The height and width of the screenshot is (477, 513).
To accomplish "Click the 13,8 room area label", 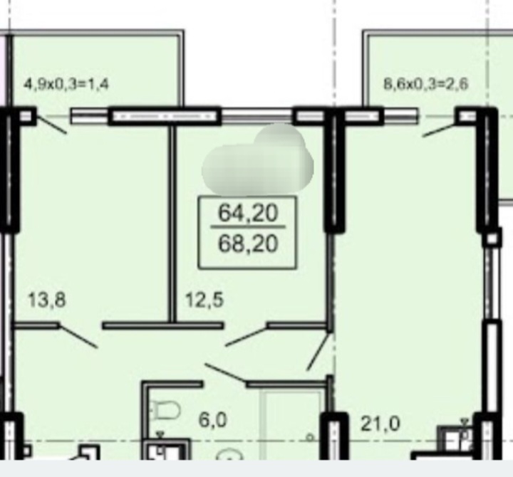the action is pyautogui.click(x=47, y=300).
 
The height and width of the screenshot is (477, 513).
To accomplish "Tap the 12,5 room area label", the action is pyautogui.click(x=204, y=300).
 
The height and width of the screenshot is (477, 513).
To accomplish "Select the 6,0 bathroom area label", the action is pyautogui.click(x=212, y=420).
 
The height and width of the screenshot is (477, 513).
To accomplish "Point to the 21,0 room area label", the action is pyautogui.click(x=380, y=424).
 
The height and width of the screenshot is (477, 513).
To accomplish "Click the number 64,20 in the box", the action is pyautogui.click(x=248, y=212).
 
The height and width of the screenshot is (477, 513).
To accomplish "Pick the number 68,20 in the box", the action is pyautogui.click(x=248, y=244).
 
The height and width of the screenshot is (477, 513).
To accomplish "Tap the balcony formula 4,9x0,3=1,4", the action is pyautogui.click(x=66, y=84).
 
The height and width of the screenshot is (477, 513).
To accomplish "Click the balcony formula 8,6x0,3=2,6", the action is pyautogui.click(x=425, y=84).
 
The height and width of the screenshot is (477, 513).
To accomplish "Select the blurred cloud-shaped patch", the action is pyautogui.click(x=258, y=159).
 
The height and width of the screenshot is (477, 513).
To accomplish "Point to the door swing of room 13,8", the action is pyautogui.click(x=78, y=336).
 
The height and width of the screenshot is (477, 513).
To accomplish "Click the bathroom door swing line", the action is pyautogui.click(x=226, y=373).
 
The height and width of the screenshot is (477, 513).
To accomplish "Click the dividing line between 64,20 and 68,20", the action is pyautogui.click(x=248, y=226).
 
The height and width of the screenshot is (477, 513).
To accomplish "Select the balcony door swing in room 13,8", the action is pyautogui.click(x=51, y=125).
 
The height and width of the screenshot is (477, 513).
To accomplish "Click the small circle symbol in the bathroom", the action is pyautogui.click(x=309, y=437).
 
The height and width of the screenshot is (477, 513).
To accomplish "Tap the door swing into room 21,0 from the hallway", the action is pyautogui.click(x=318, y=352).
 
